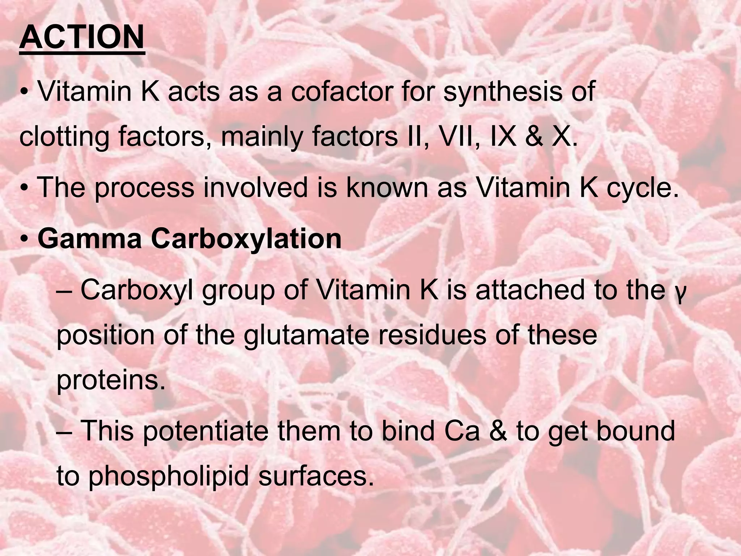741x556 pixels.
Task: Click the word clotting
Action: (64, 138)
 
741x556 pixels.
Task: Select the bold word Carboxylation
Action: (246, 240)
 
